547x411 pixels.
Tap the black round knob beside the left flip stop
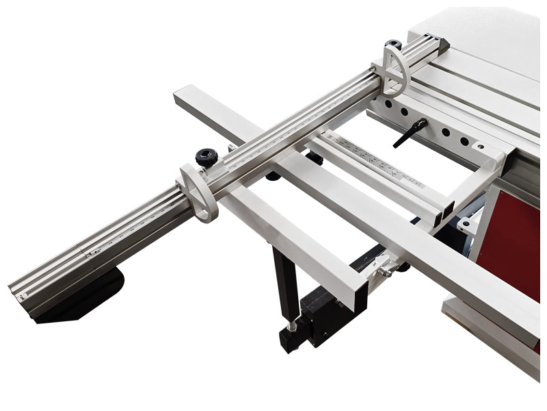click(x=205, y=158)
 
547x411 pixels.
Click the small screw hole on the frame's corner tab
click(x=478, y=147)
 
